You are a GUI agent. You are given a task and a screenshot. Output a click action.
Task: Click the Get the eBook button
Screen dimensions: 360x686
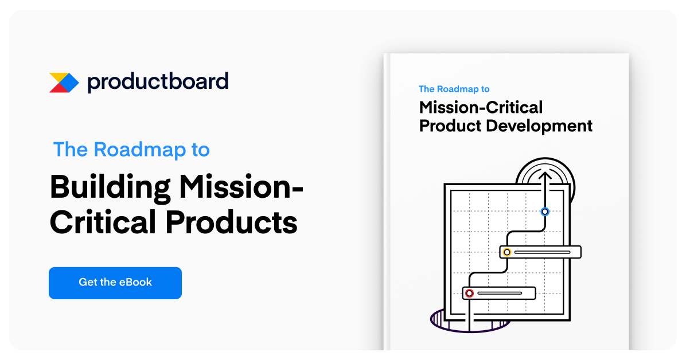pyautogui.click(x=115, y=283)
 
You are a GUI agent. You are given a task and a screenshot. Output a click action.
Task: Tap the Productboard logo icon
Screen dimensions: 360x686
pyautogui.click(x=64, y=83)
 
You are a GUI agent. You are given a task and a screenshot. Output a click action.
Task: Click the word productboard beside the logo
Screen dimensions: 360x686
pyautogui.click(x=158, y=81)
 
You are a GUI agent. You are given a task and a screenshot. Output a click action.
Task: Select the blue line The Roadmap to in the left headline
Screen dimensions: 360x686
pyautogui.click(x=131, y=150)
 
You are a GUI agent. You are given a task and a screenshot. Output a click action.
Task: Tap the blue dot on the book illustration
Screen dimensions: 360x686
pyautogui.click(x=545, y=212)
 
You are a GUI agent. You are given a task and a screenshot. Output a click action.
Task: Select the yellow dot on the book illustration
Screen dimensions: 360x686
pyautogui.click(x=507, y=252)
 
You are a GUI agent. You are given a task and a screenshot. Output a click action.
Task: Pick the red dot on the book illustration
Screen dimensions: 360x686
pyautogui.click(x=469, y=293)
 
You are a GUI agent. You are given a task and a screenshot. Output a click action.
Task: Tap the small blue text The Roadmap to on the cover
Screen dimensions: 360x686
pyautogui.click(x=454, y=89)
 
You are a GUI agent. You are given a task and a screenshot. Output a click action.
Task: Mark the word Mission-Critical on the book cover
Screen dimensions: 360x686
pyautogui.click(x=481, y=107)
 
